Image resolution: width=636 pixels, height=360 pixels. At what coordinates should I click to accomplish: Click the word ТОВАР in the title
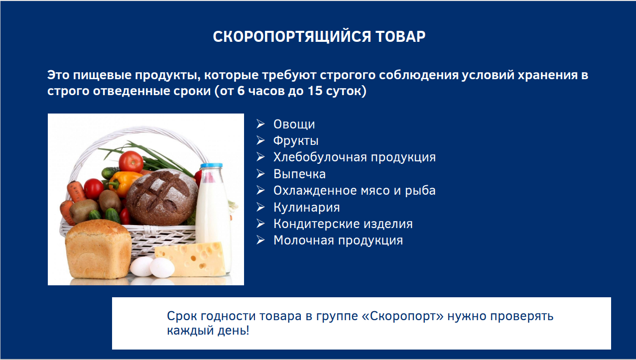coord(400,36)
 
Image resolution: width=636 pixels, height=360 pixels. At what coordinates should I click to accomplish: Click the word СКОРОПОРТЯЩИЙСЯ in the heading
coord(292,37)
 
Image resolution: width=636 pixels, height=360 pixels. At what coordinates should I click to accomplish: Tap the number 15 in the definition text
coord(315,91)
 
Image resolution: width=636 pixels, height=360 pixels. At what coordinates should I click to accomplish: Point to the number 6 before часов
coord(241,91)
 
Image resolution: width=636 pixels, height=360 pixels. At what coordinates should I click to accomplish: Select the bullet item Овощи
coord(294,124)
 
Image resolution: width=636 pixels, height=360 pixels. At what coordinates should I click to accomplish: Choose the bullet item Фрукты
coord(296,141)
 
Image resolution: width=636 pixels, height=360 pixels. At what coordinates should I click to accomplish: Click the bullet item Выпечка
coord(299,174)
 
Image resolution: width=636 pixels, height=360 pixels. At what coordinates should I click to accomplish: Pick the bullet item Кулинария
coord(307,207)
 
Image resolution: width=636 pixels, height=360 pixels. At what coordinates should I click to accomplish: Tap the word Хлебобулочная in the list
coord(320,157)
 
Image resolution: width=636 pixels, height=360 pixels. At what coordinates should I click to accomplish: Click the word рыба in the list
coord(420,191)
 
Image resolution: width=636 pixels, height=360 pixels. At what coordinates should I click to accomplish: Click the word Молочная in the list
coord(304,240)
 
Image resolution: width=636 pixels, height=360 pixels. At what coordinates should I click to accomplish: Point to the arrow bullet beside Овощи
coord(260,124)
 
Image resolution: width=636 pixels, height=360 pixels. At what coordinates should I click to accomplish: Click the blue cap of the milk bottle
coord(211,165)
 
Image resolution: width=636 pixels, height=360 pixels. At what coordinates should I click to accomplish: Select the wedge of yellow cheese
coord(190,259)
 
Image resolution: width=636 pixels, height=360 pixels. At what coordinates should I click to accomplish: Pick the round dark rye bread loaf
coord(162,197)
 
